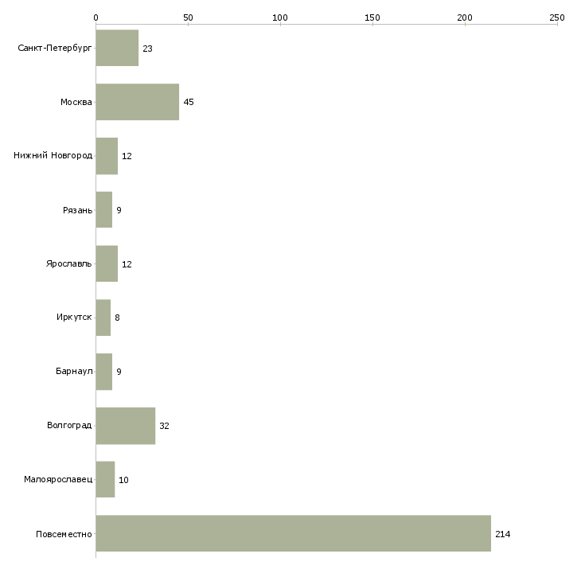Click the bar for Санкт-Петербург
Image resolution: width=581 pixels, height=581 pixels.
click(117, 48)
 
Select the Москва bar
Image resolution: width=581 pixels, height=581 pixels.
click(138, 102)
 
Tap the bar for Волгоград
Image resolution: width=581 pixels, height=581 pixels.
click(126, 426)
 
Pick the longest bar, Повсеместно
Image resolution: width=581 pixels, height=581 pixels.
click(294, 533)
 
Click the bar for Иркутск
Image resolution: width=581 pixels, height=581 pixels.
click(103, 318)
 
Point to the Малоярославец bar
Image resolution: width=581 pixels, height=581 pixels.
click(105, 479)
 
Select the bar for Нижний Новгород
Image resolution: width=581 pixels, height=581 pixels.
click(107, 156)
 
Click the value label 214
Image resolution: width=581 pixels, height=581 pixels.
click(503, 534)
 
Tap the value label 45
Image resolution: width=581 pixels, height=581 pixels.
click(189, 102)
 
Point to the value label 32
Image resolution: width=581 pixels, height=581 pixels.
click(164, 426)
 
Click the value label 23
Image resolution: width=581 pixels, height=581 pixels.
click(147, 49)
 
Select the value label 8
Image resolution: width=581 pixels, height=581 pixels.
click(117, 318)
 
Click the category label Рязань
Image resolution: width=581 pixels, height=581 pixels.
click(77, 210)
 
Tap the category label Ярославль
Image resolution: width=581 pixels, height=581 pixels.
click(69, 263)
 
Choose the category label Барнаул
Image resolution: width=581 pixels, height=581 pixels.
click(74, 371)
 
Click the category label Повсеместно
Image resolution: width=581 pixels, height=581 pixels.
click(64, 534)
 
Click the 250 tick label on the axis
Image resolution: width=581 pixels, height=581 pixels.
click(557, 18)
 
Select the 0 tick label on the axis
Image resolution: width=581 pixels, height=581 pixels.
click(96, 18)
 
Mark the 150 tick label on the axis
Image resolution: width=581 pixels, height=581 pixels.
click(372, 18)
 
